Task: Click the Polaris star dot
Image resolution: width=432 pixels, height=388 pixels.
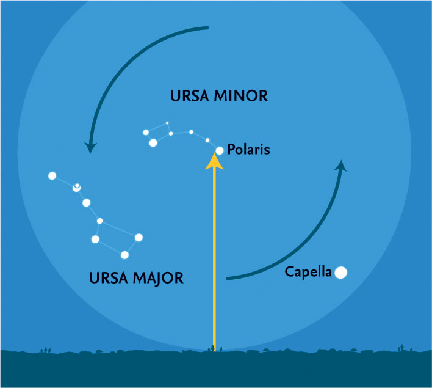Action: (220, 150)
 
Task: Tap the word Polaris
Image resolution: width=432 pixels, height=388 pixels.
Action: (248, 149)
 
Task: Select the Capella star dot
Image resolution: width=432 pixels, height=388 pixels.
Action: (340, 273)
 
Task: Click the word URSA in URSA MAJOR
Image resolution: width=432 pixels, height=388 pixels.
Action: (109, 278)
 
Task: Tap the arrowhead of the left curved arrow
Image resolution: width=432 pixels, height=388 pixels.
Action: (91, 147)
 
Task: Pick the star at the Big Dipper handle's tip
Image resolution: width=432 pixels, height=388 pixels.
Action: (52, 176)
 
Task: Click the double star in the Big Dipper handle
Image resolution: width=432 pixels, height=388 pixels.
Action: (77, 187)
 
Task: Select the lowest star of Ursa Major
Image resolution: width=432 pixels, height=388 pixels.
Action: (124, 255)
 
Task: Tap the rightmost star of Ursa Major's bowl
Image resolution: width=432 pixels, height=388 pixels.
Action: (139, 237)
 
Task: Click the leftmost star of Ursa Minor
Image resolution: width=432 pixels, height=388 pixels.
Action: (146, 132)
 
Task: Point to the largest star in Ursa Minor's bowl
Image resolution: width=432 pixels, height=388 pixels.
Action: (153, 142)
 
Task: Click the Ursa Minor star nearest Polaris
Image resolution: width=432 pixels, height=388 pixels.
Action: (207, 140)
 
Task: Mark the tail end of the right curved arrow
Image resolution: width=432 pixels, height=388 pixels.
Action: (227, 279)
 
